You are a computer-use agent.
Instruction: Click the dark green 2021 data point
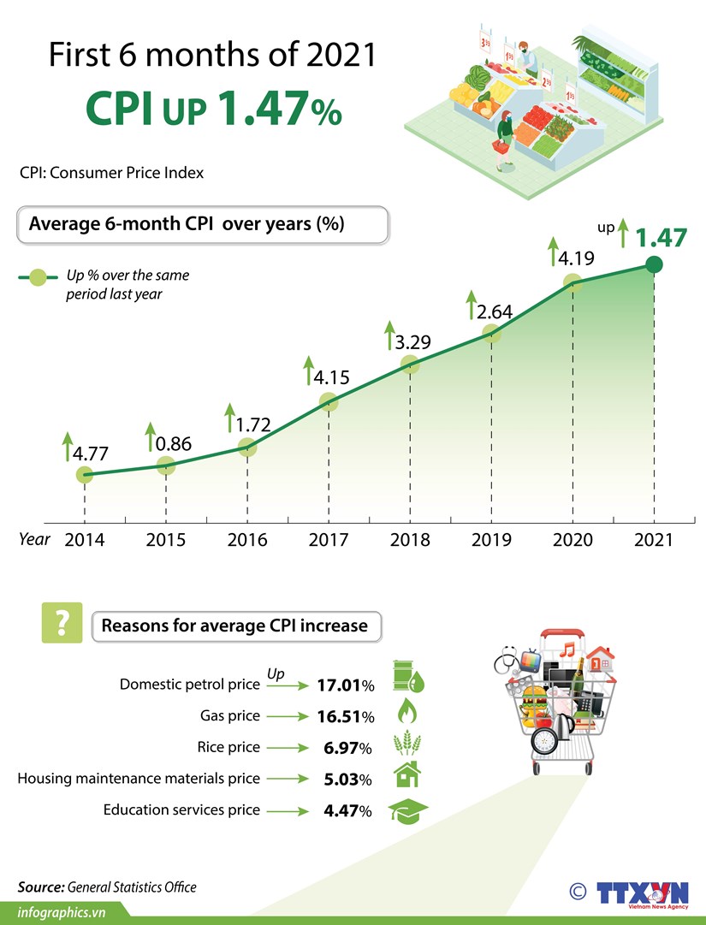pos(654,264)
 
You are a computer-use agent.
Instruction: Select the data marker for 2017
pos(329,401)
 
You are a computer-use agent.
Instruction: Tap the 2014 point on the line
pos(84,475)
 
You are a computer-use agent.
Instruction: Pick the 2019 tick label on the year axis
pos(491,541)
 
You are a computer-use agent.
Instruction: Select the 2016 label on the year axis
pos(247,541)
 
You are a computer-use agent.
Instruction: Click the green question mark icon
pos(62,623)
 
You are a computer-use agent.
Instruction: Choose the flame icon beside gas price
pos(408,713)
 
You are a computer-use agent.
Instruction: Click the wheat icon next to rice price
pos(408,745)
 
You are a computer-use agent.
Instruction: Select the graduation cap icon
pos(408,810)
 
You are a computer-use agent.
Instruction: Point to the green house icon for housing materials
pos(407,776)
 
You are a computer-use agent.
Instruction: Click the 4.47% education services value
pos(347,811)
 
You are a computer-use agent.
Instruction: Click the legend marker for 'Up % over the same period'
pos(37,277)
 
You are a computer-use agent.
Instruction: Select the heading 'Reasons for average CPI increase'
pos(234,626)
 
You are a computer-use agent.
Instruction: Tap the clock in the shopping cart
pos(543,738)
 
